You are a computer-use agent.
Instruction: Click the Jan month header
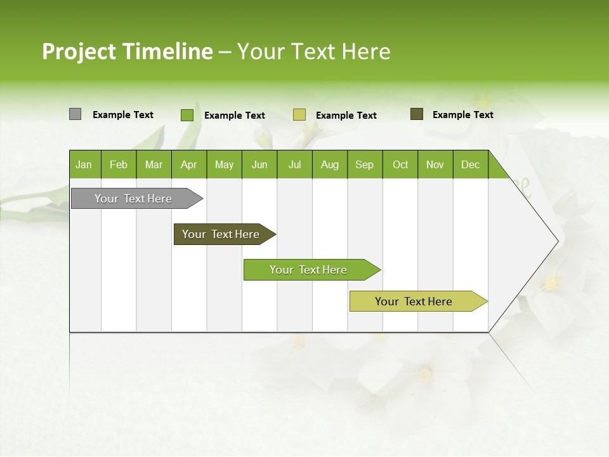pyautogui.click(x=84, y=164)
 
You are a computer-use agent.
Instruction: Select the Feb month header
pyautogui.click(x=119, y=164)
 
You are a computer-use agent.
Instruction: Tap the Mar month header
pyautogui.click(x=154, y=164)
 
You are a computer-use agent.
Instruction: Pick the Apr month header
pyautogui.click(x=189, y=164)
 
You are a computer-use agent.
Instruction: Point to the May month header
pyautogui.click(x=224, y=164)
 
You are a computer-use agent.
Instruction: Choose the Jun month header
pyautogui.click(x=259, y=164)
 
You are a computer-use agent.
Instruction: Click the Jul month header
pyautogui.click(x=294, y=164)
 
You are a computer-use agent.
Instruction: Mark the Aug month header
pyautogui.click(x=330, y=164)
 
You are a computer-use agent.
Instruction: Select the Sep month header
pyautogui.click(x=365, y=164)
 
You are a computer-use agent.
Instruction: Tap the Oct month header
pyautogui.click(x=400, y=164)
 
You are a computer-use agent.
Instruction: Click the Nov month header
pyautogui.click(x=435, y=164)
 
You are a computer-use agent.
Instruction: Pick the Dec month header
pyautogui.click(x=471, y=164)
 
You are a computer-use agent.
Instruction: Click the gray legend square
pyautogui.click(x=75, y=114)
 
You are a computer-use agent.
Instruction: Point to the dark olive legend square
pyautogui.click(x=416, y=114)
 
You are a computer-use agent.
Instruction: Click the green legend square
pyautogui.click(x=187, y=115)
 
